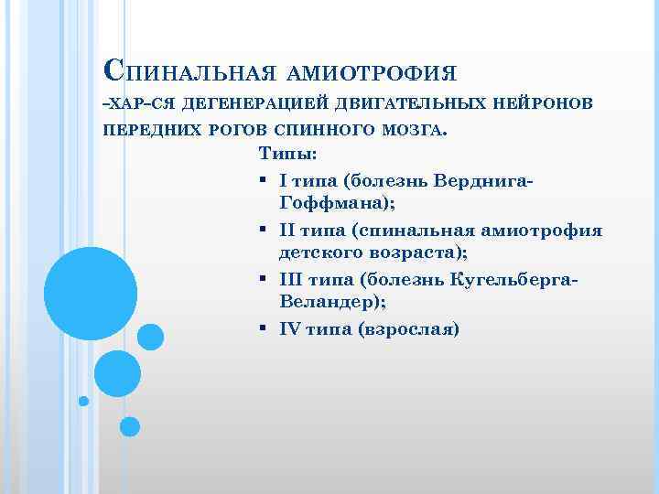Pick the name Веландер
[x=328, y=303]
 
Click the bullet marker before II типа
[x=263, y=230]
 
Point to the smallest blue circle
[x=83, y=401]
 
